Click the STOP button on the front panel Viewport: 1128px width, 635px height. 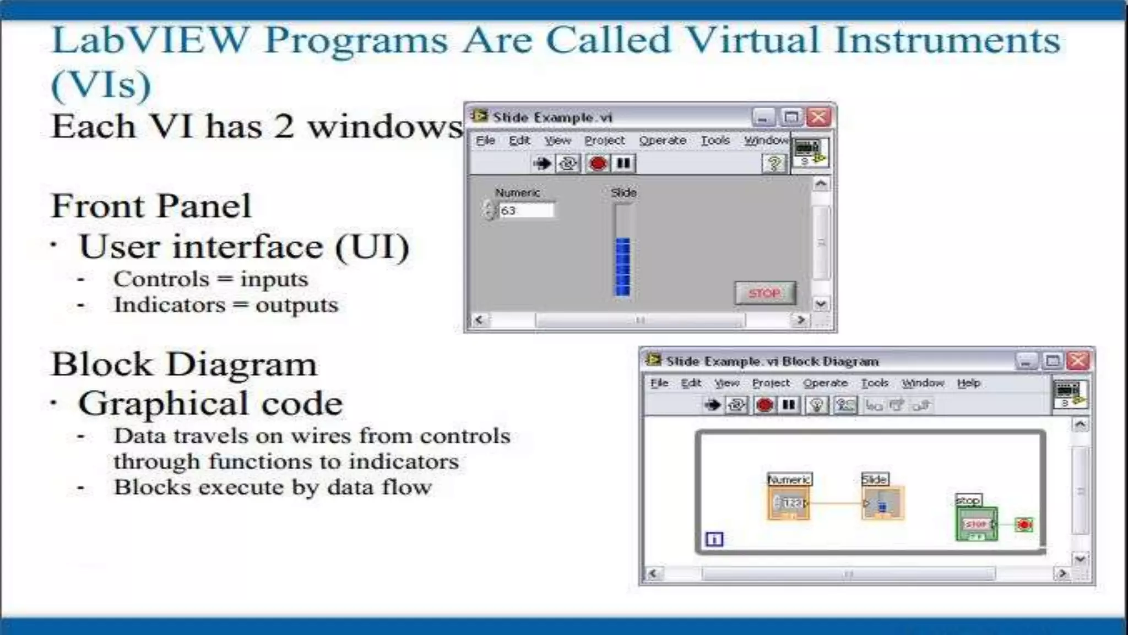pos(764,293)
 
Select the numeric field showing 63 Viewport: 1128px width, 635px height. pos(525,211)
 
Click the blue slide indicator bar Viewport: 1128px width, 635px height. pos(622,267)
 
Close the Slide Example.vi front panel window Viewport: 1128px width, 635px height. pos(819,117)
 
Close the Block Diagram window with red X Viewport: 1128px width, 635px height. pos(1078,361)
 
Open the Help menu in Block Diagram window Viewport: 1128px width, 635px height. pos(968,383)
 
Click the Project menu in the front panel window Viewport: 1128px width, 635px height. pos(604,141)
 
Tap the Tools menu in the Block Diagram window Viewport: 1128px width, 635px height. pos(875,383)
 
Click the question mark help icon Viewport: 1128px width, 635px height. pos(774,163)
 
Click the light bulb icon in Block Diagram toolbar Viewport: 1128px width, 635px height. pos(817,406)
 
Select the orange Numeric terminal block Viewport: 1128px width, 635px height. pos(789,503)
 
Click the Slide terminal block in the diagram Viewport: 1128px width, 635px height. pos(882,503)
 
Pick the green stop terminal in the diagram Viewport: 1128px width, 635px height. pos(976,524)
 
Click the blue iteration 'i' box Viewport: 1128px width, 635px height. pos(714,539)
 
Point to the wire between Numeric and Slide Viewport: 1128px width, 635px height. pos(836,503)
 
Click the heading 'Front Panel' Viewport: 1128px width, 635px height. pos(151,206)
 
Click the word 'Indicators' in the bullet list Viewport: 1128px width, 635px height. pos(170,305)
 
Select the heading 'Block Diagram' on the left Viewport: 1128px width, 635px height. pos(184,364)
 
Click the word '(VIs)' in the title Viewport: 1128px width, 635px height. pos(101,85)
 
